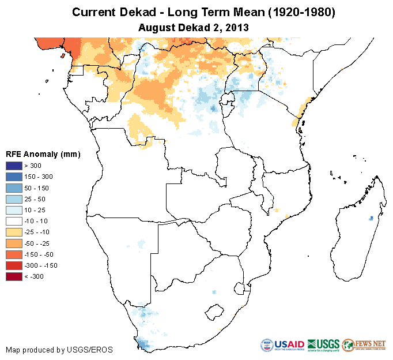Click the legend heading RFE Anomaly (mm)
click(x=43, y=154)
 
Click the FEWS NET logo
click(x=364, y=344)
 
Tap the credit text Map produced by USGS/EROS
click(x=59, y=350)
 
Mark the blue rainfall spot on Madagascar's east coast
click(x=371, y=218)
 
